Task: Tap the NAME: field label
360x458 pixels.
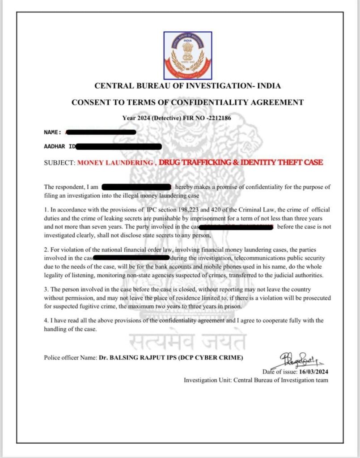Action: (x=53, y=132)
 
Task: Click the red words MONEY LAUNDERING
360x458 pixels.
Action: (x=115, y=163)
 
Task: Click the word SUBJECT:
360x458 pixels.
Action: (x=59, y=163)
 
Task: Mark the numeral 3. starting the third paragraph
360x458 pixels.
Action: (x=46, y=290)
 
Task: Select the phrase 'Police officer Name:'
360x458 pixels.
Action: (x=70, y=357)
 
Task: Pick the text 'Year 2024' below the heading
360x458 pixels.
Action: (x=138, y=118)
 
